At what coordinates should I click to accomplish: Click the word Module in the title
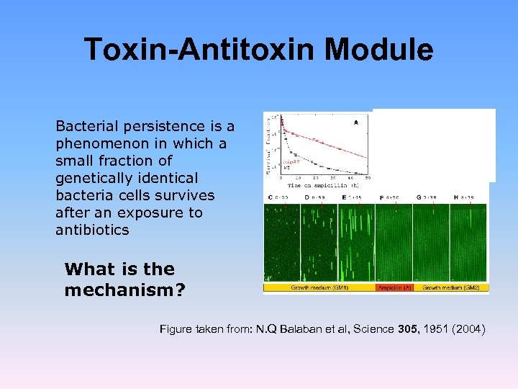point(378,50)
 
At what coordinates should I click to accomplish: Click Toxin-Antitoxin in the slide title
point(199,50)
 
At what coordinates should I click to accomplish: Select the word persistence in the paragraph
point(171,126)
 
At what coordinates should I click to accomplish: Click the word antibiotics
point(92,230)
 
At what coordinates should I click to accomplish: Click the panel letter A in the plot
point(356,122)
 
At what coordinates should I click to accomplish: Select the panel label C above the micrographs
point(270,196)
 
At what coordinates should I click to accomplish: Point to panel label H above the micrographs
point(456,196)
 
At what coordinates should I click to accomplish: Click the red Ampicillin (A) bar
point(396,287)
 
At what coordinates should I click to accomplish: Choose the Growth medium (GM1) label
point(319,287)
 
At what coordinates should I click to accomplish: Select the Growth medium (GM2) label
point(452,287)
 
